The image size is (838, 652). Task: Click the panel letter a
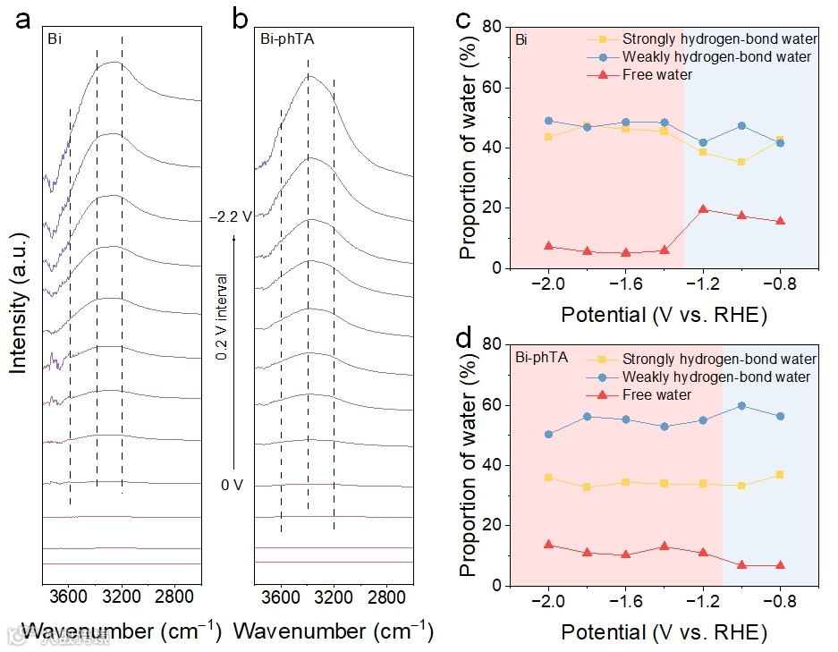pyautogui.click(x=24, y=21)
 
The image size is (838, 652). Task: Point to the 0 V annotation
pyautogui.click(x=233, y=485)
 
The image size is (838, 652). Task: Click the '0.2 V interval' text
pyautogui.click(x=221, y=318)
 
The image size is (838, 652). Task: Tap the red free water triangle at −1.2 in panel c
pyautogui.click(x=703, y=208)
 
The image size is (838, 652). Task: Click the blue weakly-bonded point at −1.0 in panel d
pyautogui.click(x=741, y=406)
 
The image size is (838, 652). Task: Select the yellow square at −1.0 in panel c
pyautogui.click(x=741, y=162)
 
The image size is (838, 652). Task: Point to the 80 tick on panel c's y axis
pyautogui.click(x=491, y=28)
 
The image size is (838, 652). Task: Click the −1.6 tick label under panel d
pyautogui.click(x=625, y=601)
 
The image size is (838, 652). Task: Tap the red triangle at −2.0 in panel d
pyautogui.click(x=548, y=545)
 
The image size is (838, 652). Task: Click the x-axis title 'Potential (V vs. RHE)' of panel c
pyautogui.click(x=664, y=315)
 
